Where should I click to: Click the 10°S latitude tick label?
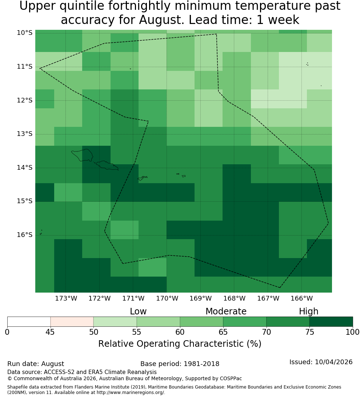(25, 33)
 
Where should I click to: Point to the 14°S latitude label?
(25, 168)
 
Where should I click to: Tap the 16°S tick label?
(25, 235)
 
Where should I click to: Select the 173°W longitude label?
(66, 298)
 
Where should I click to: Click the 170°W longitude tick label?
(167, 298)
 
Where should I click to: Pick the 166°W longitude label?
(301, 298)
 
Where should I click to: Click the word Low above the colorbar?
(138, 311)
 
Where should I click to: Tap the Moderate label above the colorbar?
(226, 311)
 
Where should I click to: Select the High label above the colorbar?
(308, 311)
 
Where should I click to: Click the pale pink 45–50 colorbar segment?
(72, 322)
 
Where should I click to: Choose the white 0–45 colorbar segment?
(29, 322)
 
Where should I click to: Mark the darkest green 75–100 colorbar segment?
(331, 322)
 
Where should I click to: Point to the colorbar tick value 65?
(223, 332)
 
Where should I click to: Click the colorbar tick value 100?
(353, 332)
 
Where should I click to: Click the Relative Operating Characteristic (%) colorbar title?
(180, 344)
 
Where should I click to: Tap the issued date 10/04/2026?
(333, 362)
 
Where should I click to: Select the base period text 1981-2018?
(201, 364)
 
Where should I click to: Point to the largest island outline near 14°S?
(82, 155)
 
